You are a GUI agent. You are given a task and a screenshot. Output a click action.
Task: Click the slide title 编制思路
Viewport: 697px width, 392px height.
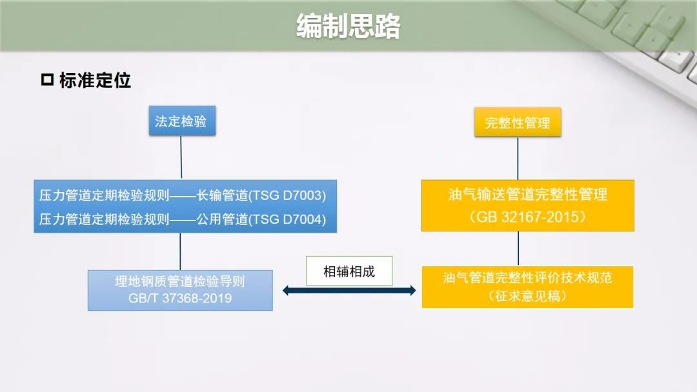pos(348,26)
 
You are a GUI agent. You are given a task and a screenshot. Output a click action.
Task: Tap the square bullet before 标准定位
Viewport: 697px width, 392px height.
pos(47,80)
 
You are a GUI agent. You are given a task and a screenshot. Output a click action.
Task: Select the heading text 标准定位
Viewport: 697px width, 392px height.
pos(95,81)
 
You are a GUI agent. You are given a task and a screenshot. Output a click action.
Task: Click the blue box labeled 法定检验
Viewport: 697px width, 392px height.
pos(182,121)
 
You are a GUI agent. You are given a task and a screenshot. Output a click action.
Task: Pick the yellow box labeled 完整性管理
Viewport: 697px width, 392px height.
pos(518,122)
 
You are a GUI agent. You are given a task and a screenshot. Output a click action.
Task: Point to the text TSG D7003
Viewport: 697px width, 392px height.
pos(288,195)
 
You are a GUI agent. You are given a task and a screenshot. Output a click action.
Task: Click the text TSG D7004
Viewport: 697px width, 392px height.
pos(288,219)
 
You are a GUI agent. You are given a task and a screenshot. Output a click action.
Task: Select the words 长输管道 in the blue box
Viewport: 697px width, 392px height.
pos(222,195)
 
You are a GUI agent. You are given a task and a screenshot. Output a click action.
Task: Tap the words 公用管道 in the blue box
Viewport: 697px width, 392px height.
pos(222,219)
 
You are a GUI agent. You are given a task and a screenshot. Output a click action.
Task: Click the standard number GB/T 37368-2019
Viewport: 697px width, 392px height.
pos(180,298)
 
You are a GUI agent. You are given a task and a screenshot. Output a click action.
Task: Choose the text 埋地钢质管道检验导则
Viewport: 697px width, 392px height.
pos(180,281)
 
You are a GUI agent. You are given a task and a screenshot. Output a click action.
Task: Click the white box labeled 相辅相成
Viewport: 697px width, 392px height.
pos(349,271)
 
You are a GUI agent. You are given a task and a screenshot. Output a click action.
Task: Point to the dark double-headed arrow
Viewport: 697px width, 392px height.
pos(349,291)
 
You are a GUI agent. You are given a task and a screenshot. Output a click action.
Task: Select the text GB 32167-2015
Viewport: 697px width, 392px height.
pos(528,217)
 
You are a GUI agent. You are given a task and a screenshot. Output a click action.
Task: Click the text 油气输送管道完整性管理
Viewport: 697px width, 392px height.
pos(528,195)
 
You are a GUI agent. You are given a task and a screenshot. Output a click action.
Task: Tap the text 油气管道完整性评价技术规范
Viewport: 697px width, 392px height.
pos(528,277)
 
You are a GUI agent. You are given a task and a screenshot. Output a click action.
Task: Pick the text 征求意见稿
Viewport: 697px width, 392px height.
pos(528,296)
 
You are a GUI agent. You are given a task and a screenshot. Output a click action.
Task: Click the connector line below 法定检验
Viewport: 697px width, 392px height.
pos(181,157)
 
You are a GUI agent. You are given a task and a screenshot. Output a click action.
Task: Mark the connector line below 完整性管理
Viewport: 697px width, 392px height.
pos(518,159)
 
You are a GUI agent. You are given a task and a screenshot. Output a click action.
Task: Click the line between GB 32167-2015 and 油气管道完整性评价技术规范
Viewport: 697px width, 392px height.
pos(518,249)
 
